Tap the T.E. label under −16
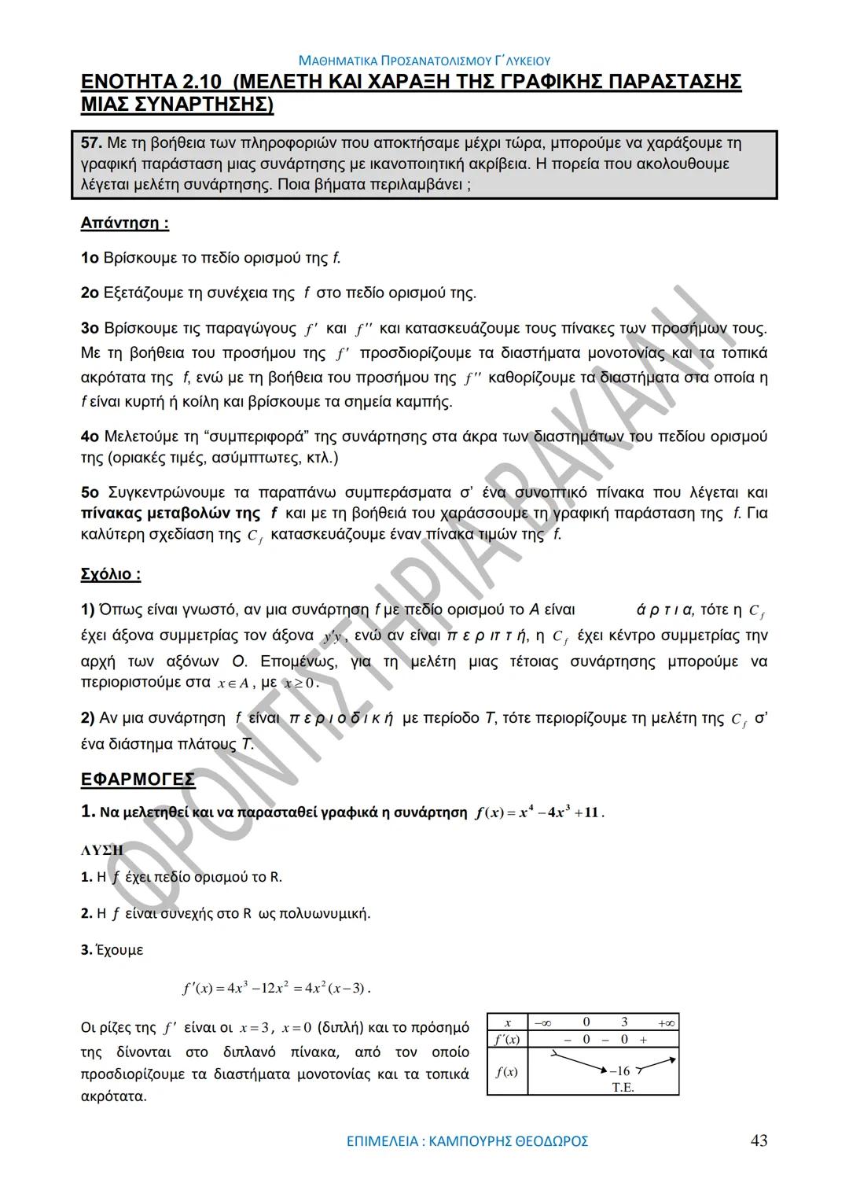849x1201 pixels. coord(623,1088)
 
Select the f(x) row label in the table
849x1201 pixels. coord(506,1070)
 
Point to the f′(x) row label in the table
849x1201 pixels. coord(506,1039)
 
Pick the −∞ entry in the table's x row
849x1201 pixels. coord(542,1022)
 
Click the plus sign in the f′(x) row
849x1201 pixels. coord(643,1039)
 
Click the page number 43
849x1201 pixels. coord(759,1140)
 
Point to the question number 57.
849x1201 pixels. coord(91,143)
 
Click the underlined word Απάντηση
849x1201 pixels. coord(124,223)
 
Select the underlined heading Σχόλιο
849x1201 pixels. coord(110,574)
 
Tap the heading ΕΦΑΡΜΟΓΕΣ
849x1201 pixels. coord(138,779)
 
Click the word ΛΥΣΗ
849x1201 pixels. coord(102,850)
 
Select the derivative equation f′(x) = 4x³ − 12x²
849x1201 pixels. coord(275,988)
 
